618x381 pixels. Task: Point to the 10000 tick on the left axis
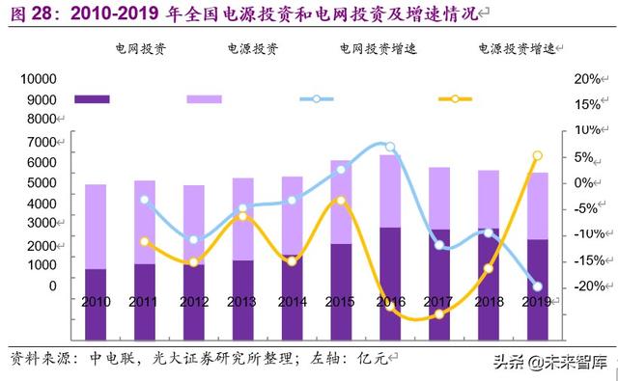pos(38,79)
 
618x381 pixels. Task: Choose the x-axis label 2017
pos(440,303)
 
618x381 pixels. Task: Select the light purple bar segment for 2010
pos(96,227)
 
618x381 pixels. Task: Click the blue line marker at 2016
pos(390,148)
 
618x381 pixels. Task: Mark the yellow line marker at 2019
pos(538,155)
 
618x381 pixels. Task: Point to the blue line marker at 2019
pos(538,286)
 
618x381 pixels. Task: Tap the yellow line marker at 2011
pos(145,242)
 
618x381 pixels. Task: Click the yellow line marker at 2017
pos(439,314)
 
